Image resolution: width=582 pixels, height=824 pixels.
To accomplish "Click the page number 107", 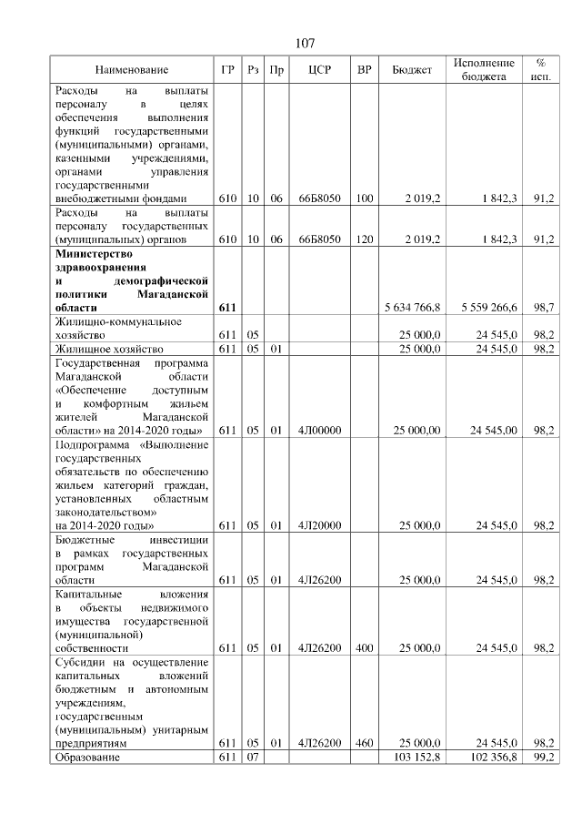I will point(305,44).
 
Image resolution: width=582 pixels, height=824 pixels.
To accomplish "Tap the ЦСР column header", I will point(318,70).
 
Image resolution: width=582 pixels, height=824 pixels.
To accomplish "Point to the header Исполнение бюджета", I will point(484,70).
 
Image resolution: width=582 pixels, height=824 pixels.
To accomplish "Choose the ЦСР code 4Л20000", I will point(318,525).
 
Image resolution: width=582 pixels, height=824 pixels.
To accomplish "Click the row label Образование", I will point(86,757).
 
